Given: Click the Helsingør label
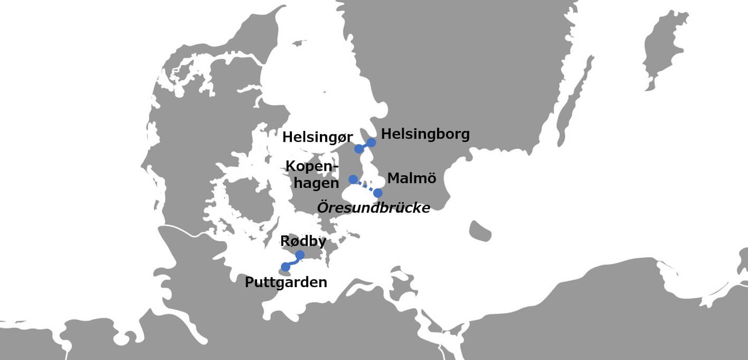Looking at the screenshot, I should point(317,137).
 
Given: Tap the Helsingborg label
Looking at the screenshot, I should point(425,134).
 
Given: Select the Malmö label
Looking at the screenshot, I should point(412,178).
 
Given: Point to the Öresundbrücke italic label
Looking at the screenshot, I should point(373,207).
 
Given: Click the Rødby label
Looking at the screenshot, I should point(302,241).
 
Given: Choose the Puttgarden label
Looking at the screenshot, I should point(286,282).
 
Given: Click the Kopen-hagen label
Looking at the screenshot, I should point(313,175).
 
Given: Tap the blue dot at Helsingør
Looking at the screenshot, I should point(359,149).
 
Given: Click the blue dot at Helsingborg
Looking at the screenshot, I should point(371,143).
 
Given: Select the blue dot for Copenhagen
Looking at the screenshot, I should point(353,179).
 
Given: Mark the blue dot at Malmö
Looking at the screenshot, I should point(378,193).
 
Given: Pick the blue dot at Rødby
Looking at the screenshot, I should point(300,255).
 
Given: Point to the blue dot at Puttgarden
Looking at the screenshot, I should point(286,267).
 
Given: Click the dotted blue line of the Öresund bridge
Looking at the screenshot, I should point(365,186).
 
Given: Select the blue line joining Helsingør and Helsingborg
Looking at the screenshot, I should point(365,146).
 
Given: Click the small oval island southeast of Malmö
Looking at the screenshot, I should point(480,231).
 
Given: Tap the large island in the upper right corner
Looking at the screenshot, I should point(668,48).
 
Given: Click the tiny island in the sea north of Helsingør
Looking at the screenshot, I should point(299,43).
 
